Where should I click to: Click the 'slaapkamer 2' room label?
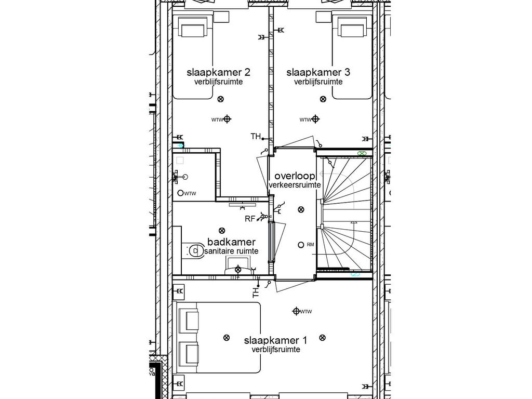(215, 72)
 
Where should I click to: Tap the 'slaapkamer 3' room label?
(318, 72)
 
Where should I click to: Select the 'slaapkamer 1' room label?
(275, 340)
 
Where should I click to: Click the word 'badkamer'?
(231, 242)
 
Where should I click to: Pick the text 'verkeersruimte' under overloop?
(295, 185)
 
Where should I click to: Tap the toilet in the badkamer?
(193, 251)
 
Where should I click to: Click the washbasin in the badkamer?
(238, 269)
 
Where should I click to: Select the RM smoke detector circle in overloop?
(300, 245)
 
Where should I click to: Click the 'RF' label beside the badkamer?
(250, 219)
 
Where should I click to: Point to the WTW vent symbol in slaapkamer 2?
(227, 119)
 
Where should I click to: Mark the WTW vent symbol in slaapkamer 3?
(315, 119)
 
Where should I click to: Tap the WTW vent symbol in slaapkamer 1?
(296, 311)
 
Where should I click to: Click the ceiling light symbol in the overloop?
(300, 209)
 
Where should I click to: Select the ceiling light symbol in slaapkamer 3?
(323, 99)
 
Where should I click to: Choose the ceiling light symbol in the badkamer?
(222, 230)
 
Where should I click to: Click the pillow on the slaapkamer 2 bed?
(192, 30)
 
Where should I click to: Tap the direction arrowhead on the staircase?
(354, 222)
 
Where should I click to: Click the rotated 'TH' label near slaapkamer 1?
(256, 292)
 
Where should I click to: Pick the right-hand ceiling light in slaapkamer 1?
(323, 338)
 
